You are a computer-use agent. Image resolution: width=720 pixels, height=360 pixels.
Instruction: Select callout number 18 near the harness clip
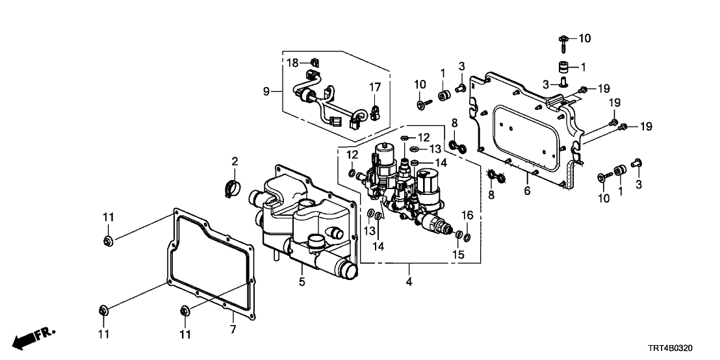pos(292,62)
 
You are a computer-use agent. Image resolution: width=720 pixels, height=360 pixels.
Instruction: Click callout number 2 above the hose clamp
pos(235,161)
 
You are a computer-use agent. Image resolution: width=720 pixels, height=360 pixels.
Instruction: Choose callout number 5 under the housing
pos(301,282)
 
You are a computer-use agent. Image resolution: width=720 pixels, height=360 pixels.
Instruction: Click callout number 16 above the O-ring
pos(467,215)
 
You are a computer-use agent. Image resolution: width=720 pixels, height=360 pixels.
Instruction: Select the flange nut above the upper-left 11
pos(108,242)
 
